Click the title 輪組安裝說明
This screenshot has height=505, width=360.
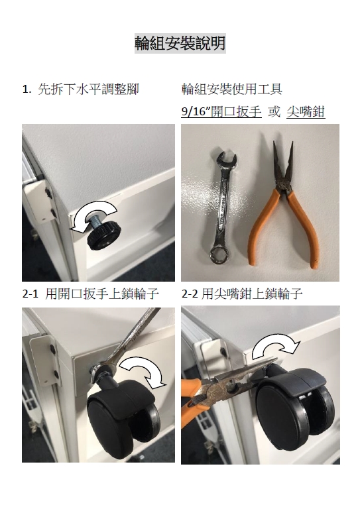[180, 43]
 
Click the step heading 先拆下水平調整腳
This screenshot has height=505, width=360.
[88, 89]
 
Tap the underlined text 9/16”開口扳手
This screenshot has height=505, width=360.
[221, 112]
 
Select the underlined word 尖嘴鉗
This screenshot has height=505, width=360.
[306, 112]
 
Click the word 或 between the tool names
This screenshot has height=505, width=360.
[274, 112]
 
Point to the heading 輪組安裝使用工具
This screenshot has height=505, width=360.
[232, 89]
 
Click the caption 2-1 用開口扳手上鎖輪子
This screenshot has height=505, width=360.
[91, 294]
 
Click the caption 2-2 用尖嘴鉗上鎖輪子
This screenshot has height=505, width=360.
[242, 294]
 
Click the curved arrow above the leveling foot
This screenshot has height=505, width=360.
[93, 209]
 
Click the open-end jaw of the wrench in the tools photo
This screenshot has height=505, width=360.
[227, 160]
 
